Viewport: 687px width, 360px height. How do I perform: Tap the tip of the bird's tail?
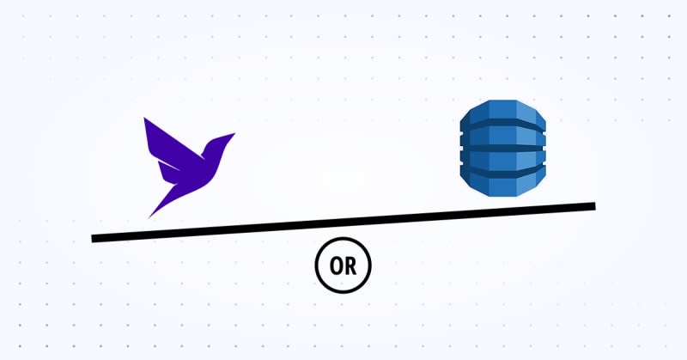click(x=149, y=216)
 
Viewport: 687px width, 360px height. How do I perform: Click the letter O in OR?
click(x=336, y=268)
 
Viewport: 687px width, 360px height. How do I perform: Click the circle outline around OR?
click(x=317, y=268)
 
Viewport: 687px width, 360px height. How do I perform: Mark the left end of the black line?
click(x=94, y=238)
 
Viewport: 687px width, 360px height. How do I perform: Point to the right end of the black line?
click(x=593, y=206)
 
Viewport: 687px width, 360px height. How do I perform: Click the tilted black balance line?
click(x=343, y=223)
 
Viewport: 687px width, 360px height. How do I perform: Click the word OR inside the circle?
click(x=343, y=268)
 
